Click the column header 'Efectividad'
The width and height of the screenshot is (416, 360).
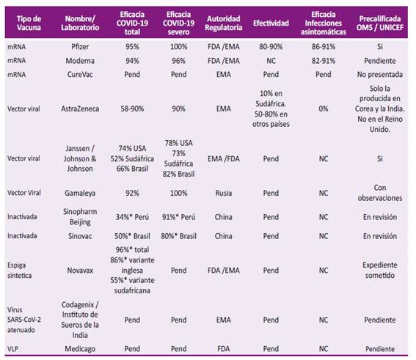271,23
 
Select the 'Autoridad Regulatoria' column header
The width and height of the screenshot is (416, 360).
223,23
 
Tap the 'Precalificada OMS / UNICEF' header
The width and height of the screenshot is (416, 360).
380,23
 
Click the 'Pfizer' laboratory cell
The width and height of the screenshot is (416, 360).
80,47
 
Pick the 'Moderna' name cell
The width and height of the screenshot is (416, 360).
80,61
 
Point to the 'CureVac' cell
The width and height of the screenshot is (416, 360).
80,75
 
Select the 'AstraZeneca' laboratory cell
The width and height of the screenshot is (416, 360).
80,109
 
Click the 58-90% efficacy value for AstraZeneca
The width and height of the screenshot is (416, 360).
132,109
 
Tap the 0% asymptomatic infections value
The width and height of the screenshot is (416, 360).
323,109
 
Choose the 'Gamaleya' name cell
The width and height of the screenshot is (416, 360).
80,193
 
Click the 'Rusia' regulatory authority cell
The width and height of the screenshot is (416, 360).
223,193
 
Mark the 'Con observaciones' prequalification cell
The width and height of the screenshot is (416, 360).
380,193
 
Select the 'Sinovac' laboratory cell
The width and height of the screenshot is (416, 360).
80,236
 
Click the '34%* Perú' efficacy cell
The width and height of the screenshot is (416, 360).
132,217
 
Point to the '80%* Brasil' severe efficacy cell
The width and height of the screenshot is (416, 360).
178,236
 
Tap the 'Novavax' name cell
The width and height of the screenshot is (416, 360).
80,271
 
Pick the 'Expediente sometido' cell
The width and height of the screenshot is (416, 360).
380,270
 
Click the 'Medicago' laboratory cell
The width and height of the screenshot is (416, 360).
80,349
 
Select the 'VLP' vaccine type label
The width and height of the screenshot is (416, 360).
12,349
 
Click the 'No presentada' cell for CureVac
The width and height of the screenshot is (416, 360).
380,75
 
